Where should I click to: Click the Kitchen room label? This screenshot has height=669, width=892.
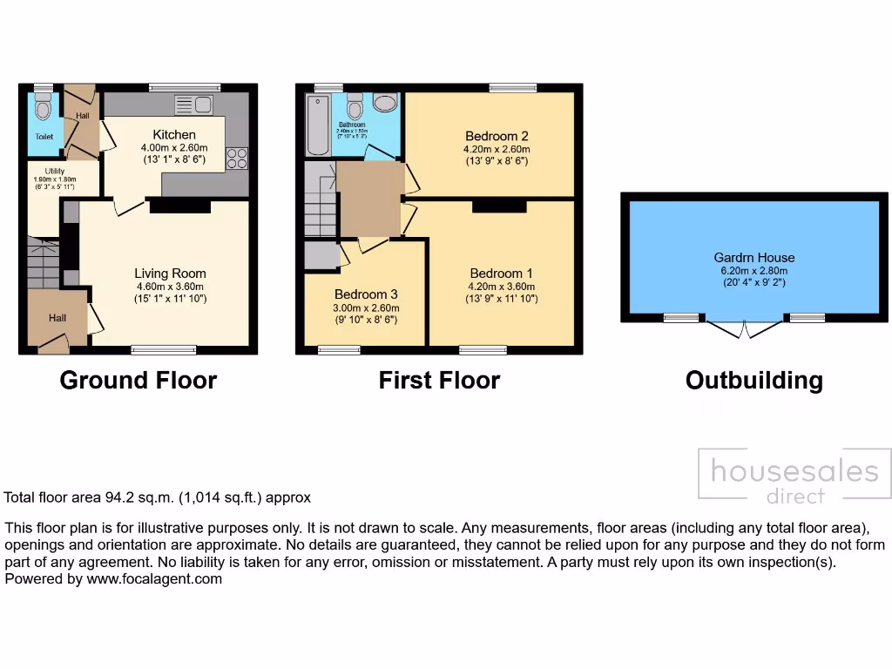[x=174, y=135]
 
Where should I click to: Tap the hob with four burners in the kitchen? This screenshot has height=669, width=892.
[x=237, y=159]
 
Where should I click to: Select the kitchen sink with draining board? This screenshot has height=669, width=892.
[x=193, y=105]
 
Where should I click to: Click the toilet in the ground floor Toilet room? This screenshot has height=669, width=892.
[x=43, y=110]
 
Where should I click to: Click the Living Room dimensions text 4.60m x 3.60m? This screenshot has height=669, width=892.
[x=170, y=287]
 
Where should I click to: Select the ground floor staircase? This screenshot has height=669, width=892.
[x=43, y=263]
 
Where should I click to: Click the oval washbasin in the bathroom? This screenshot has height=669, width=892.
[x=384, y=103]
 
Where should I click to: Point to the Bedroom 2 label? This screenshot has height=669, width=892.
[x=497, y=136]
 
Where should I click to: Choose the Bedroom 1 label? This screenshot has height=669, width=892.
[x=496, y=273]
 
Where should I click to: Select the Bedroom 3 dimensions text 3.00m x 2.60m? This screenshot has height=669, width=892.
[x=366, y=307]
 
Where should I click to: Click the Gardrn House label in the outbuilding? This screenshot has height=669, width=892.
[x=754, y=257]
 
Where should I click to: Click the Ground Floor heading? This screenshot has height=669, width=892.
[x=138, y=381]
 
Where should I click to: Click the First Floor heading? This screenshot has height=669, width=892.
[x=439, y=381]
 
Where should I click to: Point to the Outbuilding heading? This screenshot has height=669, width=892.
[x=753, y=381]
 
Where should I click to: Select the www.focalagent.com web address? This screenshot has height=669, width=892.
[x=154, y=578]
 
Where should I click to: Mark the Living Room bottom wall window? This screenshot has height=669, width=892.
[x=164, y=350]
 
